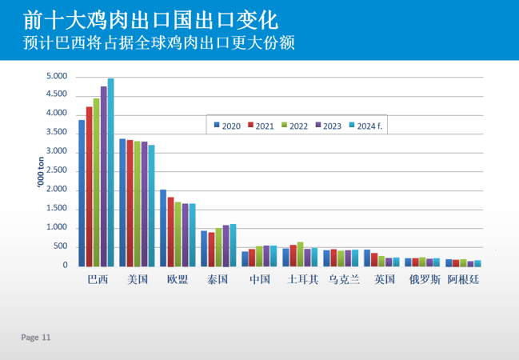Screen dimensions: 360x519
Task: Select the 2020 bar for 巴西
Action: (x=82, y=193)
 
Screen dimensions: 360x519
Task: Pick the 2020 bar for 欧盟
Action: (x=163, y=228)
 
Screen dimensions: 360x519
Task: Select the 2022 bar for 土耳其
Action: (x=300, y=254)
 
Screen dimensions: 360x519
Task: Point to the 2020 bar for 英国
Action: (x=367, y=258)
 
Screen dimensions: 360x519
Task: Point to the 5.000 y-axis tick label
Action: (x=56, y=77)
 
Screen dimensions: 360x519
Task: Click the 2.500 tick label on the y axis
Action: (x=56, y=171)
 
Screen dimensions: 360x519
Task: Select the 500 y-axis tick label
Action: (x=60, y=246)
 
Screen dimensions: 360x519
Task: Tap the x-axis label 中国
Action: (x=260, y=279)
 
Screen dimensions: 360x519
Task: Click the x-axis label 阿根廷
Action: (x=464, y=279)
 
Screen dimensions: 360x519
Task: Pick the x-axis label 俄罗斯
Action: (x=424, y=279)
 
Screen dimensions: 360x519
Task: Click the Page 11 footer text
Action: (x=36, y=338)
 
